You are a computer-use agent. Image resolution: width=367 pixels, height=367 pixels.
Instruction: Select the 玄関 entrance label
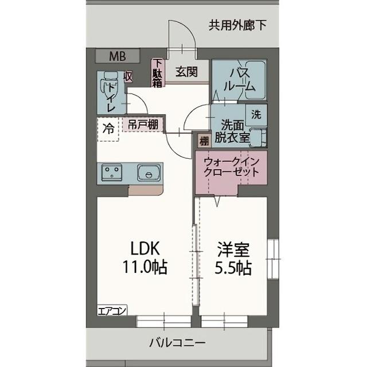tap(186, 72)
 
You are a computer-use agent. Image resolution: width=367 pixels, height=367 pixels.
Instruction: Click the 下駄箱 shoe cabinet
tap(157, 73)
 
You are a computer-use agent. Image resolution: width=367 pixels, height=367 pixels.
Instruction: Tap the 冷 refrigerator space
tap(108, 128)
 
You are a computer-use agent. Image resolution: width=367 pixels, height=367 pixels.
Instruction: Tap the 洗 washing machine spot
tap(256, 114)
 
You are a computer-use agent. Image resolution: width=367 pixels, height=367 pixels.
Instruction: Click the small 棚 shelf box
tap(204, 140)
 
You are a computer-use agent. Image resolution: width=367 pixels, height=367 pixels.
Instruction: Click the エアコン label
tap(112, 311)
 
